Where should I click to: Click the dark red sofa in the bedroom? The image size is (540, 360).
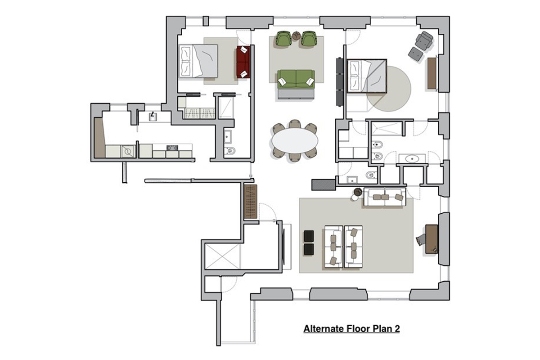[243, 62]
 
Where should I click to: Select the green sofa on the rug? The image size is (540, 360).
[296, 79]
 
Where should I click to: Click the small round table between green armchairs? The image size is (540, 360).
[296, 36]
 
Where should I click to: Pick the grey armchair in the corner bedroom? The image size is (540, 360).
[424, 41]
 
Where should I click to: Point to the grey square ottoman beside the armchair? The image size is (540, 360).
[416, 54]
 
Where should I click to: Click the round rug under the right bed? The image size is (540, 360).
[389, 89]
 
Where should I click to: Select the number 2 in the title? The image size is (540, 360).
[397, 328]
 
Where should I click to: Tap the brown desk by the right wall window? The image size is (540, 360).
[432, 239]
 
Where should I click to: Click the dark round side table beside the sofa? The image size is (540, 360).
[358, 192]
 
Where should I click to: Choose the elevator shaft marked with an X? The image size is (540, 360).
[222, 256]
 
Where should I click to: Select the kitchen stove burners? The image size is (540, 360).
[172, 148]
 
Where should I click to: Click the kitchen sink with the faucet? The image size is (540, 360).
[153, 117]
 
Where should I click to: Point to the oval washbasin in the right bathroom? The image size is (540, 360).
[412, 159]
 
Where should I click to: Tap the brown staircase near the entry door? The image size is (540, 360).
[250, 202]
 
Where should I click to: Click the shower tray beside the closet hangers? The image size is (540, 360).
[226, 107]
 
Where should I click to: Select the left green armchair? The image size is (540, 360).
[283, 39]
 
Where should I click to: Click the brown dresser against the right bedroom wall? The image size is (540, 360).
[432, 73]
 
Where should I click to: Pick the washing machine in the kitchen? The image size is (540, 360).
[128, 152]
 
